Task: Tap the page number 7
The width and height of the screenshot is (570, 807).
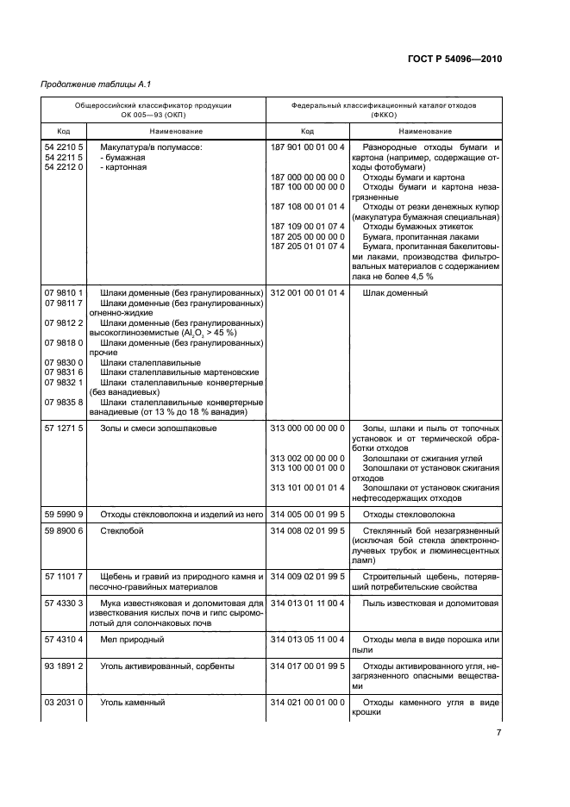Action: (x=498, y=733)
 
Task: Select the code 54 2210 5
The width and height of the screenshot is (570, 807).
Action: (x=64, y=148)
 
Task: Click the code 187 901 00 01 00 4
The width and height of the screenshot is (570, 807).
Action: (x=307, y=148)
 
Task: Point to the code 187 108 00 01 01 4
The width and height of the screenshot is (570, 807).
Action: (x=307, y=206)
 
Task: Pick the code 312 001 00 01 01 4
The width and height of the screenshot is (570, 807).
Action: (x=307, y=293)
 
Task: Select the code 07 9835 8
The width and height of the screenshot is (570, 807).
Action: (x=64, y=402)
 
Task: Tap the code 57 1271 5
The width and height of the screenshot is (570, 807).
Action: (x=64, y=429)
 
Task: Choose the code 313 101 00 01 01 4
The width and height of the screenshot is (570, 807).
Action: (x=307, y=487)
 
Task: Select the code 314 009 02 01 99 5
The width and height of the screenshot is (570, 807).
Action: (x=307, y=575)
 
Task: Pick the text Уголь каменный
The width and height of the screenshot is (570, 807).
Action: (x=132, y=703)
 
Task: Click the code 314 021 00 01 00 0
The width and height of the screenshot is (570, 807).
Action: (x=307, y=703)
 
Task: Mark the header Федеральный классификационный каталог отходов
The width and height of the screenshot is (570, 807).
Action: (x=383, y=104)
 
